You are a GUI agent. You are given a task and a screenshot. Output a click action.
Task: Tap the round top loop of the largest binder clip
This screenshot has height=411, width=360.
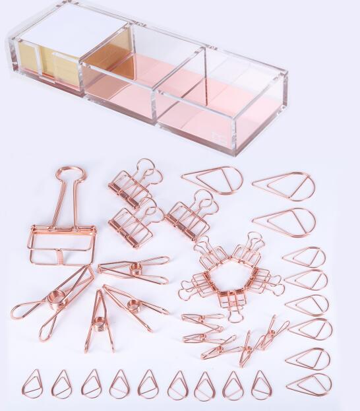(71, 176)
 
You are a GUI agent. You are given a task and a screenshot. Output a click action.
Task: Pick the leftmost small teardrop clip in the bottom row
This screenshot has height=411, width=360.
(32, 383)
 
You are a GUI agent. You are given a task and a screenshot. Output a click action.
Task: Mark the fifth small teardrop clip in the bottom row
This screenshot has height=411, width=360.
(148, 385)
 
